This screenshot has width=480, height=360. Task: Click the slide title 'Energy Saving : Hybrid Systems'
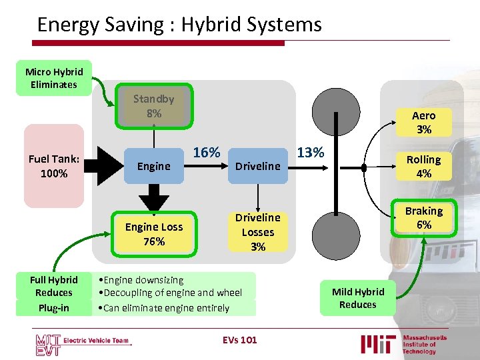coord(179,25)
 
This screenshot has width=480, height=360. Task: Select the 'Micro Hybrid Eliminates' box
coord(54,78)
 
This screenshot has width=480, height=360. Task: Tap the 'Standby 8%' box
coord(153,106)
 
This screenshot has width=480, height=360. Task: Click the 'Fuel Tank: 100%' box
coord(54,166)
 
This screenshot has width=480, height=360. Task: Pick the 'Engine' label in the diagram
coord(153,166)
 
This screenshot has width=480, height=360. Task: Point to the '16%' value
coord(207,153)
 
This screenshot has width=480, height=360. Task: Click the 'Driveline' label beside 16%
coord(257,166)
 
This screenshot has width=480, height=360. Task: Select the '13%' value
coord(311,153)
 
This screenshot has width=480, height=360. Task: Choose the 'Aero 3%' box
coord(423,123)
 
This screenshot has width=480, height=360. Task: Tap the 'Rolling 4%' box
coord(423,166)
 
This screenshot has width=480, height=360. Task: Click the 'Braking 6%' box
coord(423,218)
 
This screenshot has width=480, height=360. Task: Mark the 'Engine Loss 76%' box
coord(153,234)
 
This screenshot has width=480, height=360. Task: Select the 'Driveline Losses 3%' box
coord(257,232)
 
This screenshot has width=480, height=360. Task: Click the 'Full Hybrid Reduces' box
coord(54,286)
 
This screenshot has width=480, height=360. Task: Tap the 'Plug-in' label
coord(54,308)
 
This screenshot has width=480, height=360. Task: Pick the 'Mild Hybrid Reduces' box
coord(358,298)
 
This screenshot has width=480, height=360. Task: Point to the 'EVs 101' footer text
coord(239,340)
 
